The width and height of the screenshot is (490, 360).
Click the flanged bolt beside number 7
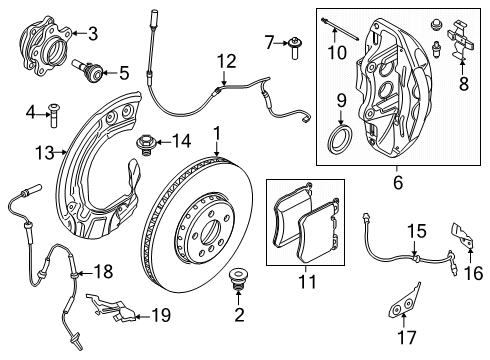pos(296,42)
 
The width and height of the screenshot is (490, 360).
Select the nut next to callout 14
pos(143,143)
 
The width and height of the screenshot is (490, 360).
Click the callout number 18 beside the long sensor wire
pos(104,271)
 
